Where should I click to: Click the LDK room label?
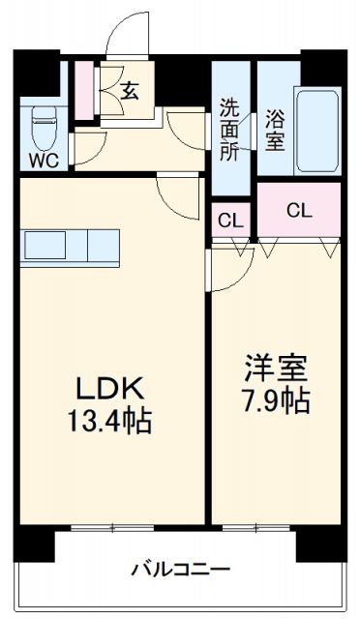(x=109, y=389)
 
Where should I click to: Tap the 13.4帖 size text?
(x=109, y=422)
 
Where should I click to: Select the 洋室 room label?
(x=276, y=368)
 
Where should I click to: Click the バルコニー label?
(x=181, y=570)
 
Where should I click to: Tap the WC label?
(x=44, y=161)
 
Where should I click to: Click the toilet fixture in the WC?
(x=45, y=128)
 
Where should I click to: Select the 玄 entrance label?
(x=130, y=91)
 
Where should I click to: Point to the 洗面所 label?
(x=229, y=129)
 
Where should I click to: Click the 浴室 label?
(x=275, y=130)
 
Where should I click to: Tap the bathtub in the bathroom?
(x=317, y=131)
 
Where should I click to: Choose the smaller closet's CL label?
(x=230, y=221)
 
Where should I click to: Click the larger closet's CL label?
(x=299, y=211)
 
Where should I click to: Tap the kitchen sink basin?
(x=45, y=245)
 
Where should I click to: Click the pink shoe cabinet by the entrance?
(x=84, y=90)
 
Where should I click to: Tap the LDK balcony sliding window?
(x=112, y=528)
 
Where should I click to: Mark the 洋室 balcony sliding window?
(x=255, y=528)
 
